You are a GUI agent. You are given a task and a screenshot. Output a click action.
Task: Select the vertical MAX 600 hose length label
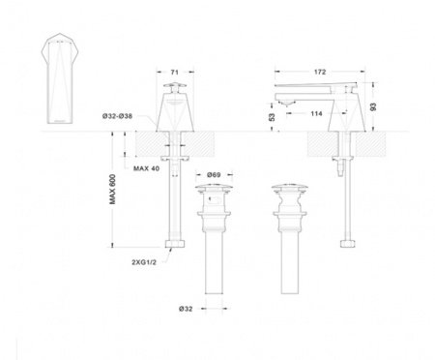point(113,198)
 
